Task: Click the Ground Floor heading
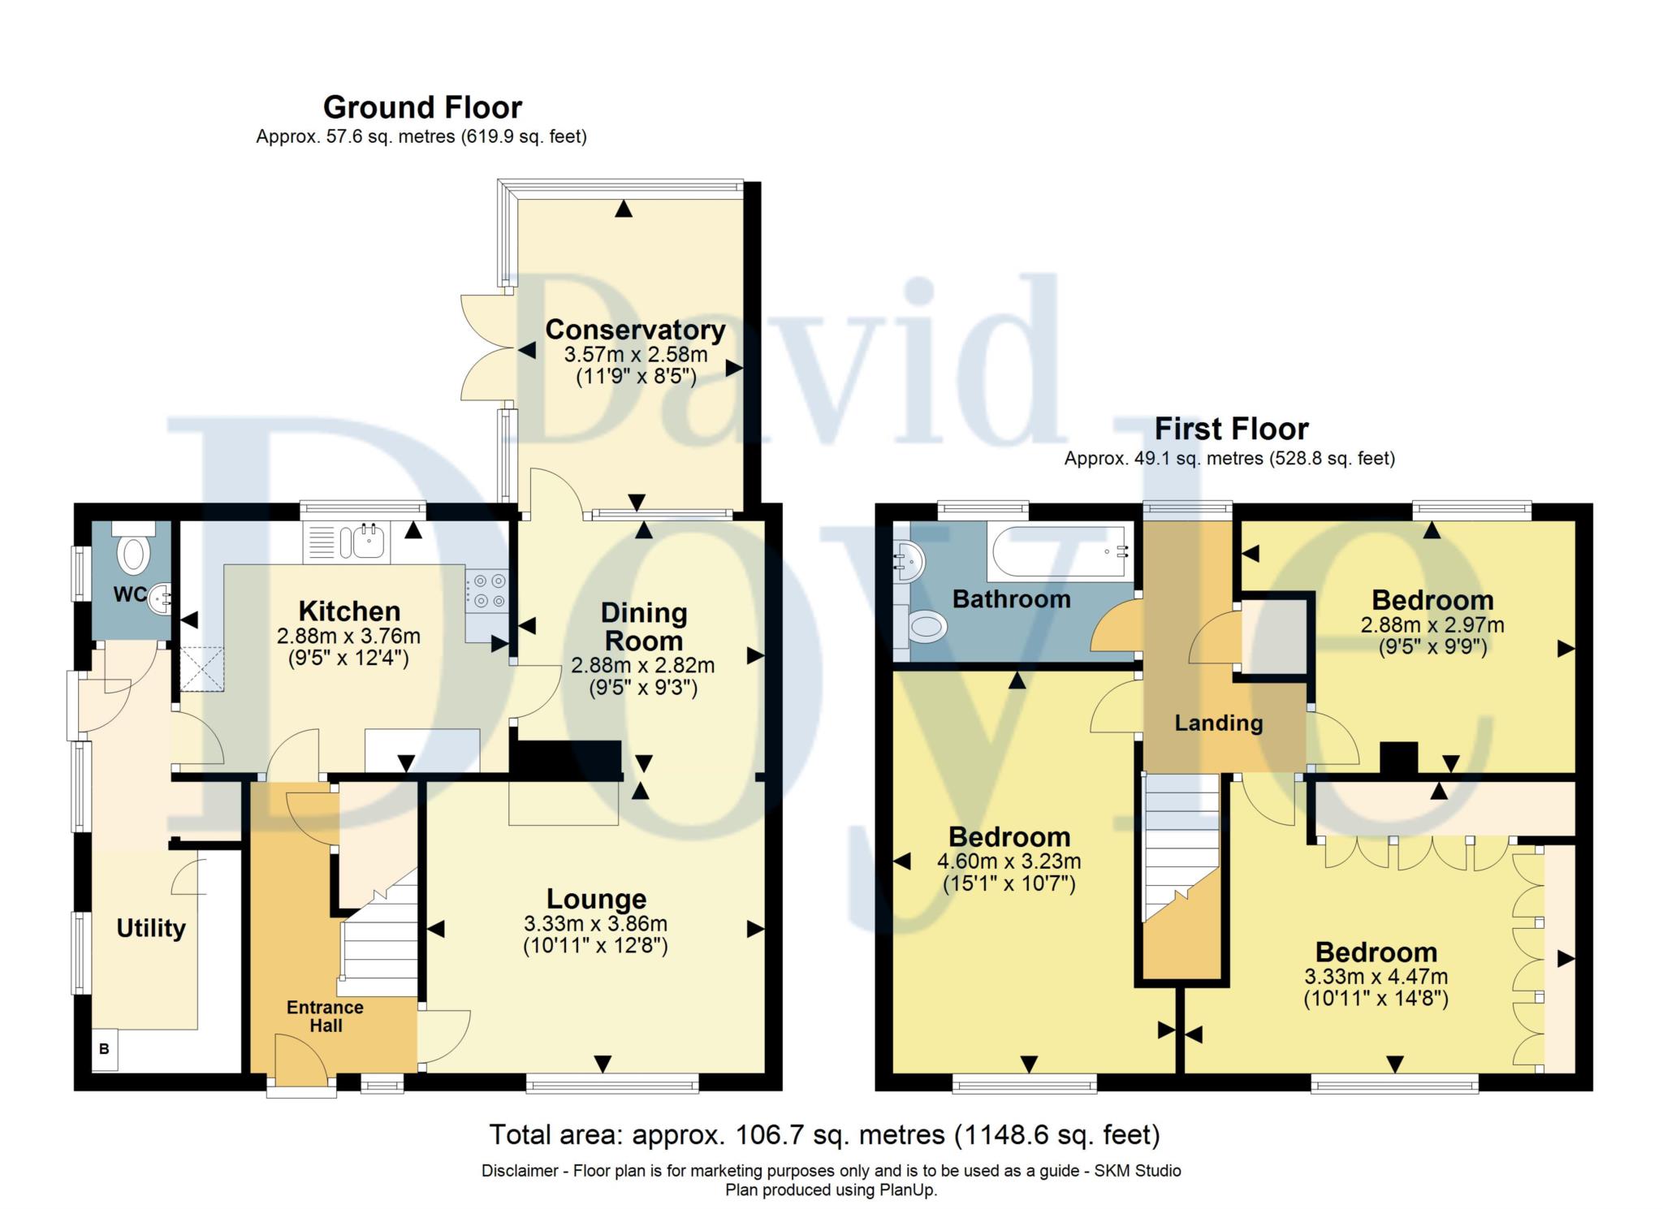click(x=422, y=107)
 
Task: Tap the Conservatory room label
click(x=635, y=330)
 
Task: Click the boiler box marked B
click(x=104, y=1049)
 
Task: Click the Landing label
click(x=1218, y=723)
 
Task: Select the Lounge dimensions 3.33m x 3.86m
click(x=595, y=924)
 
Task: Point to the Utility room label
click(x=151, y=928)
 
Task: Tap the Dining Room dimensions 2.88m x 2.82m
click(x=642, y=666)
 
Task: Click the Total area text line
click(x=824, y=1134)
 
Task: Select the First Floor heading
click(x=1231, y=429)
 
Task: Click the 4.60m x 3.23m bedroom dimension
click(x=1009, y=861)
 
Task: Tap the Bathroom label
click(x=1011, y=599)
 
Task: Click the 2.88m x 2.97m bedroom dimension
click(x=1432, y=625)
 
